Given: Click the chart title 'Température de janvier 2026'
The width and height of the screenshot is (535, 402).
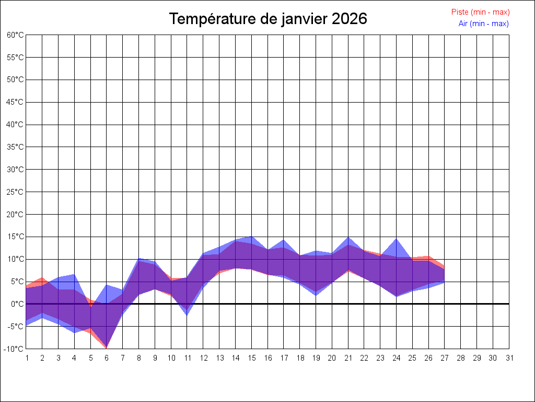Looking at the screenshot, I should pyautogui.click(x=268, y=19).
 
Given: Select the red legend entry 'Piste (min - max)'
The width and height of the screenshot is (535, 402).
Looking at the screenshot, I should pyautogui.click(x=480, y=12).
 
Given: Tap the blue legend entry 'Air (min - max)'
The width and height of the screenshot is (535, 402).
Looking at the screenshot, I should pyautogui.click(x=483, y=24).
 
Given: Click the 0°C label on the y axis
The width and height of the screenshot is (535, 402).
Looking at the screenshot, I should pyautogui.click(x=17, y=304).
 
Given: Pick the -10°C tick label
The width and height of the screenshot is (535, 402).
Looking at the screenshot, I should pyautogui.click(x=15, y=349).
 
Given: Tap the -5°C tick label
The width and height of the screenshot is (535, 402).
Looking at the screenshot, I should pyautogui.click(x=16, y=327).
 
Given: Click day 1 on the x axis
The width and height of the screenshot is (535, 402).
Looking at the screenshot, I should pyautogui.click(x=26, y=358).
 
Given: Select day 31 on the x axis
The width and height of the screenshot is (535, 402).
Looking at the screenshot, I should pyautogui.click(x=509, y=358).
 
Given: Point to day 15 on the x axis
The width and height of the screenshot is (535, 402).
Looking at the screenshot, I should pyautogui.click(x=252, y=358).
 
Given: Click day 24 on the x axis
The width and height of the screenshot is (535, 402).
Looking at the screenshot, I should pyautogui.click(x=397, y=358).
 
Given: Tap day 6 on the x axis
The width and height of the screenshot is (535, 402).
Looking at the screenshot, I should pyautogui.click(x=107, y=358).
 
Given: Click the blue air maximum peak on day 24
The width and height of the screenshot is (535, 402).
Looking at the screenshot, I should pyautogui.click(x=397, y=239).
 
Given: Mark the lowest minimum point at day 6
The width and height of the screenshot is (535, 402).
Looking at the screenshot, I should pyautogui.click(x=107, y=348).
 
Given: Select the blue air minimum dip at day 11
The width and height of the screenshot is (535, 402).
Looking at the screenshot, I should pyautogui.click(x=187, y=315).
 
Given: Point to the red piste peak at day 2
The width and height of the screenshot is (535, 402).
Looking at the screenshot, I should pyautogui.click(x=42, y=277).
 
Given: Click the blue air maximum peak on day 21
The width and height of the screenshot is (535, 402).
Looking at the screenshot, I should pyautogui.click(x=348, y=237).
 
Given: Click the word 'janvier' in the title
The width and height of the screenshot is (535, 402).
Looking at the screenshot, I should pyautogui.click(x=304, y=19).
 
